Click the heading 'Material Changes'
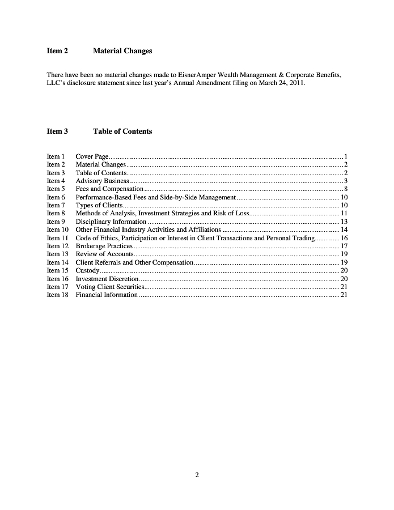[x=122, y=51]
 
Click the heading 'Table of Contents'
[x=122, y=131]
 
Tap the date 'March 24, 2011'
[x=282, y=83]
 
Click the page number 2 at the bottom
[x=197, y=475]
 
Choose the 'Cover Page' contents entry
[x=92, y=156]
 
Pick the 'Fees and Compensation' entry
[x=109, y=189]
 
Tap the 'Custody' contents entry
[x=87, y=271]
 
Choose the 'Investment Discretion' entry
[x=107, y=279]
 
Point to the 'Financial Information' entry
[x=107, y=295]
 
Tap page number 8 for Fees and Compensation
[x=345, y=189]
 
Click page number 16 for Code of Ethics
[x=344, y=238]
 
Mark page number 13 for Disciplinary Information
[x=344, y=222]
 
